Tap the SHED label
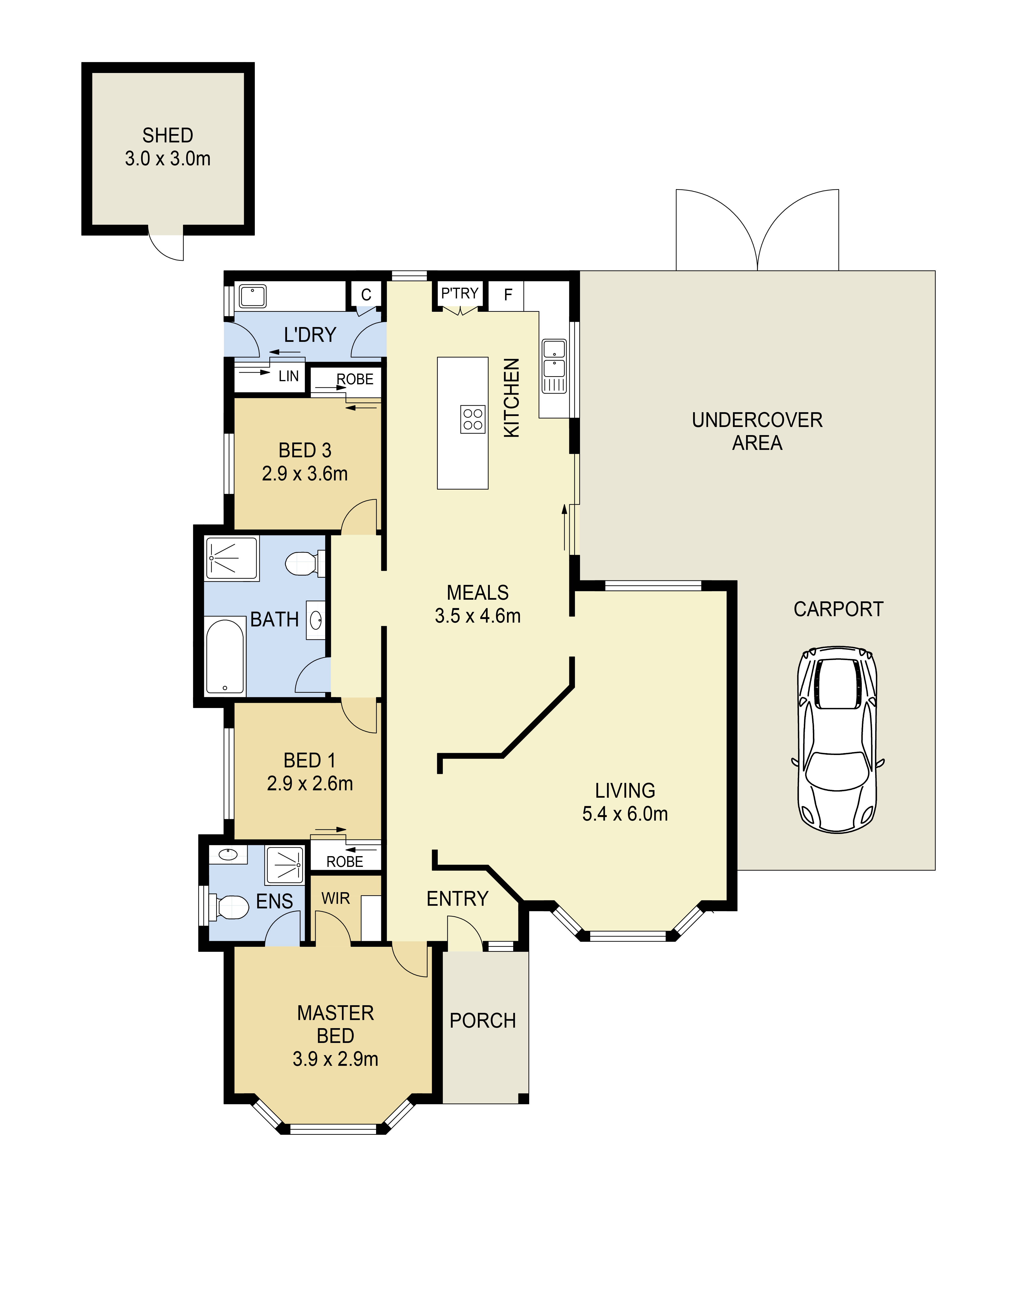click(x=167, y=135)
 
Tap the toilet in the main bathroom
click(x=302, y=563)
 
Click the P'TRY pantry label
click(x=460, y=293)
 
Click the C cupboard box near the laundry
click(x=366, y=294)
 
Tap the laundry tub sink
click(x=253, y=296)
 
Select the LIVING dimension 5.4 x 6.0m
click(x=625, y=813)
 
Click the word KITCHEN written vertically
click(x=511, y=398)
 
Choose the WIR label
click(x=335, y=898)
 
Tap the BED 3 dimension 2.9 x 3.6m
click(x=305, y=473)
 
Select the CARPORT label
click(x=838, y=609)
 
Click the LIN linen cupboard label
click(x=288, y=376)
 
